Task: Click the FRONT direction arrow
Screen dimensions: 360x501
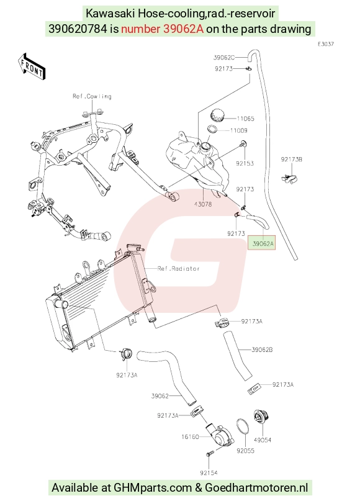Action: [31, 66]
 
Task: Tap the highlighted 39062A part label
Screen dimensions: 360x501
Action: [262, 244]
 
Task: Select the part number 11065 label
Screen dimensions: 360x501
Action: [245, 119]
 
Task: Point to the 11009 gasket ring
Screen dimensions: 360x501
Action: [213, 129]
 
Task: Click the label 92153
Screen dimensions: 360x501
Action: [245, 164]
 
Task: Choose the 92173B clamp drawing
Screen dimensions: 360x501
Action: [289, 179]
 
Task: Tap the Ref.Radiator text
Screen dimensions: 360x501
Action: [179, 269]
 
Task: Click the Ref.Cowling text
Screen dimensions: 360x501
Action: [92, 96]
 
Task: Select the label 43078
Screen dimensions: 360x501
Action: [203, 204]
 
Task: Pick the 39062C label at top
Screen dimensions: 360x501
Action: [224, 58]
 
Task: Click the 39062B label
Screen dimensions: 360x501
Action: [262, 350]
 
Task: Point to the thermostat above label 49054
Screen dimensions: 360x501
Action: [261, 419]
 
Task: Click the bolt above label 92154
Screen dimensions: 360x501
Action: [209, 455]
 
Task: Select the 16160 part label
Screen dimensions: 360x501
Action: [190, 437]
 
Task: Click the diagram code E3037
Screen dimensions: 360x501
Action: [325, 44]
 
